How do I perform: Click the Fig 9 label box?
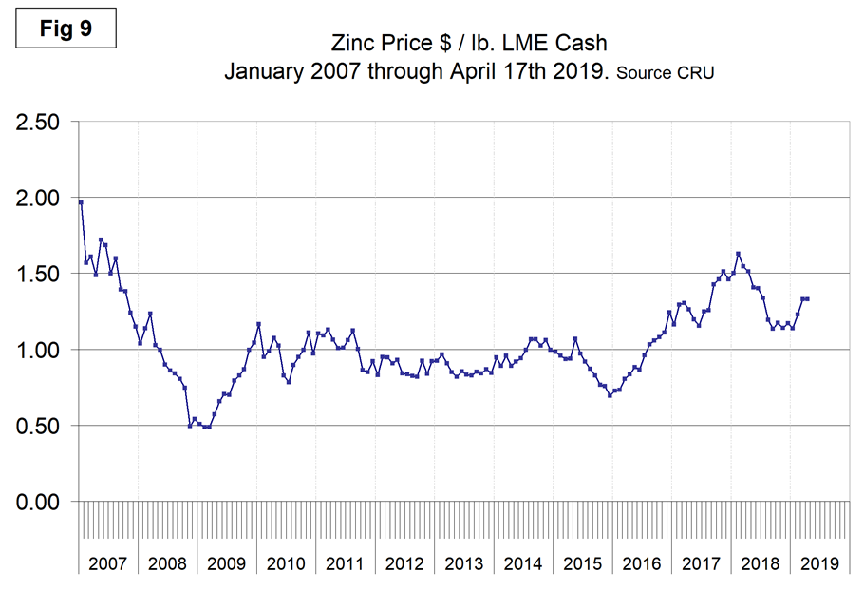[66, 29]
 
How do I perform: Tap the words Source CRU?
[665, 72]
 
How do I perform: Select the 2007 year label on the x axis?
[107, 563]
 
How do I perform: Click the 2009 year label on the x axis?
[226, 563]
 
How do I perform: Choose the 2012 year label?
[404, 563]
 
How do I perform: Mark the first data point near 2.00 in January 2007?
[81, 202]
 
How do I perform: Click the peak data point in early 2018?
[738, 254]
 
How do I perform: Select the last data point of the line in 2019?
[807, 299]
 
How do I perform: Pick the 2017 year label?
[702, 563]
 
